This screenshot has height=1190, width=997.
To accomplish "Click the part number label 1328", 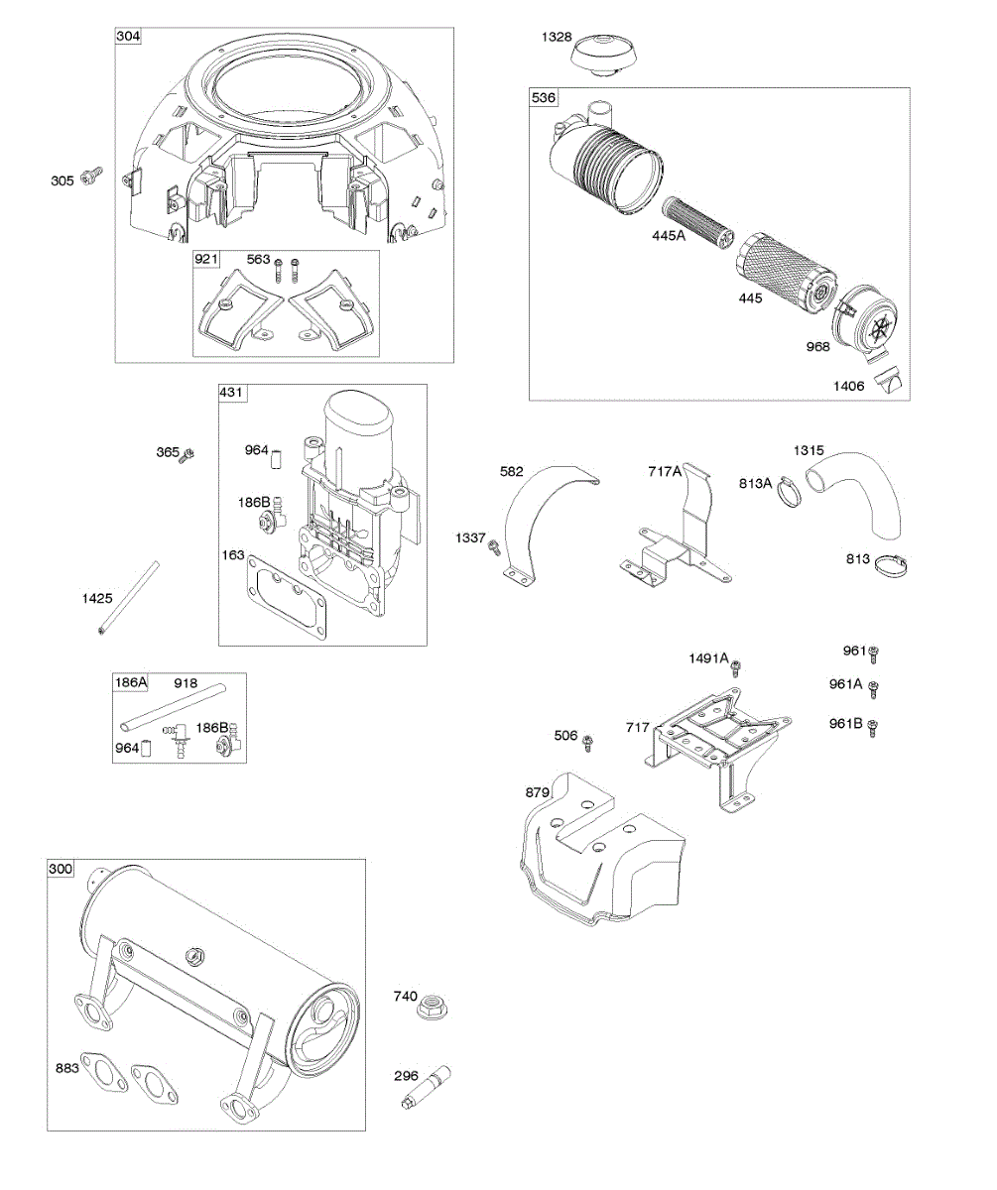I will tap(556, 38).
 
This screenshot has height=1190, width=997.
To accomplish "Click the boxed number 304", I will tap(129, 37).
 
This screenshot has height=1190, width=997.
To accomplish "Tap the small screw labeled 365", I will tap(187, 454).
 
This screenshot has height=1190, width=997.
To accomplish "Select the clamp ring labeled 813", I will tap(895, 567).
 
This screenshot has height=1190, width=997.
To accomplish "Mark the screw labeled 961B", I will tap(874, 727).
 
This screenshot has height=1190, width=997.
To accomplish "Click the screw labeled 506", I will tap(588, 740).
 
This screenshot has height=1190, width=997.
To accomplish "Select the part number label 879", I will tap(537, 793).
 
